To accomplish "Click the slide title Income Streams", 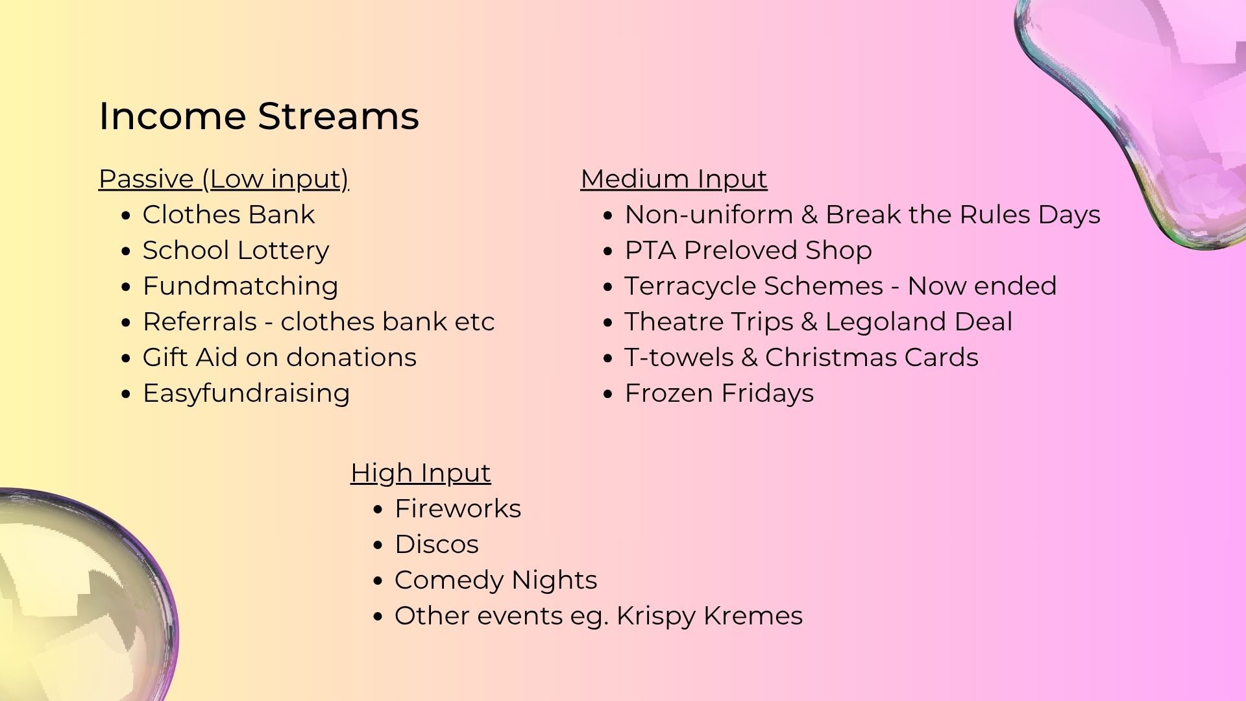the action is (259, 116).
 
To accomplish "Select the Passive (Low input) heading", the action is (224, 179).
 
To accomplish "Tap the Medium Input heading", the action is (674, 179).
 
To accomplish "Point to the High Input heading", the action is (421, 473).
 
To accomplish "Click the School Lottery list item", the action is (236, 251).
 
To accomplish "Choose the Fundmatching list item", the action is (241, 286).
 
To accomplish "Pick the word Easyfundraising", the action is (247, 393).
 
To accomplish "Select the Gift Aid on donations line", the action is (280, 358).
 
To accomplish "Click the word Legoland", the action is (887, 322).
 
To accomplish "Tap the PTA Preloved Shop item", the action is (748, 251).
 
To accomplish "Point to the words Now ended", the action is (982, 286).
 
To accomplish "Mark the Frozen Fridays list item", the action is (719, 393).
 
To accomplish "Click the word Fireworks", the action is (458, 509).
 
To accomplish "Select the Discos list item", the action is (437, 545).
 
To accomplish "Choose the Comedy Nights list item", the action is (496, 580).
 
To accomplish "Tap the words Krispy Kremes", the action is (709, 616).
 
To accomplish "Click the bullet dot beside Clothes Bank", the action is (126, 215).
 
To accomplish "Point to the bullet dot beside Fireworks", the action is (378, 510).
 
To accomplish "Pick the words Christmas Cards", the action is (872, 358).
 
